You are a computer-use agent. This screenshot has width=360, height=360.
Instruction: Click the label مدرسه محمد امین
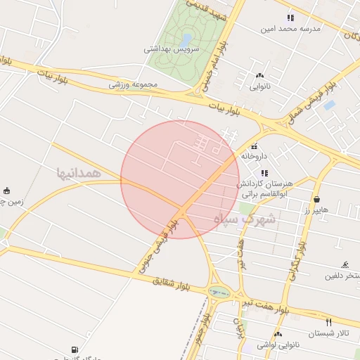coord(291,29)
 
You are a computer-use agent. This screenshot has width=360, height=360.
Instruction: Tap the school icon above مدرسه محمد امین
coord(290,18)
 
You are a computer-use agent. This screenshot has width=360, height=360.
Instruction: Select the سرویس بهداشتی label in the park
coord(172,49)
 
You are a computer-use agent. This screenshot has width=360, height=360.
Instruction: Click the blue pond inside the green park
coord(186,39)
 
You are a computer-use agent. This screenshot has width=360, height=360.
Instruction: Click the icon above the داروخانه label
coord(253,146)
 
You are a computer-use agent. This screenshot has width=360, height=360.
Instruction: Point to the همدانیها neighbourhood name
coord(79,172)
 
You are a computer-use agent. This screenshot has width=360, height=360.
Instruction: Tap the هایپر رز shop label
coord(317,210)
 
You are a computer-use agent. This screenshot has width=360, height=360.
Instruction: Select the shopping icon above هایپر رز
coord(317,200)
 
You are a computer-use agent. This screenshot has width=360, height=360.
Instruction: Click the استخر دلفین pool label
coord(341,276)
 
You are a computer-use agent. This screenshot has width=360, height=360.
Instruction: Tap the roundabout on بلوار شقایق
coord(219,292)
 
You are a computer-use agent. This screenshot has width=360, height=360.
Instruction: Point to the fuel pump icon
coord(75,349)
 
